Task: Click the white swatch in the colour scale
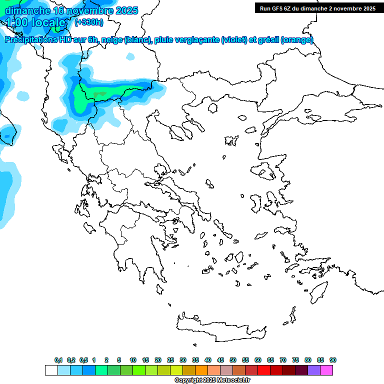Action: [51, 370]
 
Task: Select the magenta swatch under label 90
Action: [326, 370]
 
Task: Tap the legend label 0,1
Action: [58, 360]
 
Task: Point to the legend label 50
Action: [233, 360]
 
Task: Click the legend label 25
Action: [170, 360]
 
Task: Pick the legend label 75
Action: [295, 360]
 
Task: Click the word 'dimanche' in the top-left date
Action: [27, 10]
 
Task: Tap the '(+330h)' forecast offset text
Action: [89, 22]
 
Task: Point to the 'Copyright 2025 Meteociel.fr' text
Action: [212, 380]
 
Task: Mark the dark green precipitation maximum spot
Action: [99, 93]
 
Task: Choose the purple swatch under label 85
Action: [314, 370]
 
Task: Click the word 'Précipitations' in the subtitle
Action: [33, 40]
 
